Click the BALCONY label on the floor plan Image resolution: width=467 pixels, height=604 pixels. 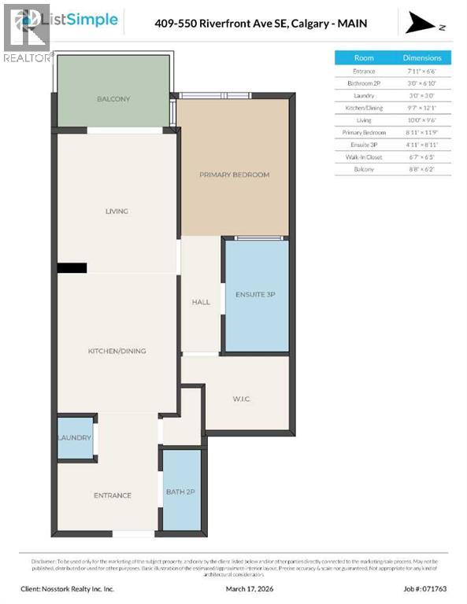(x=113, y=99)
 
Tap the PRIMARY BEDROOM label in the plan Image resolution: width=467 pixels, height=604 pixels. (x=234, y=175)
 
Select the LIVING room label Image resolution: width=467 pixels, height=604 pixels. (x=117, y=212)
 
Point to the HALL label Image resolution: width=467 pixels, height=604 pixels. (x=201, y=302)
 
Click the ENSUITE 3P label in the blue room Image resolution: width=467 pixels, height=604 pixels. (x=256, y=294)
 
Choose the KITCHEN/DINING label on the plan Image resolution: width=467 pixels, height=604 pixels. (x=117, y=351)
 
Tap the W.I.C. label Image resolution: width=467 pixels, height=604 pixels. (x=241, y=400)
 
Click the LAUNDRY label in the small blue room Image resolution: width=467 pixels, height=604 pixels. (x=75, y=438)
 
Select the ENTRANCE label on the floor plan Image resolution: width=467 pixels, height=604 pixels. (x=113, y=495)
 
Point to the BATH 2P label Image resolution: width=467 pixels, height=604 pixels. (x=181, y=492)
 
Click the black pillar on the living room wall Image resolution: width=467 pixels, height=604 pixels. (x=72, y=268)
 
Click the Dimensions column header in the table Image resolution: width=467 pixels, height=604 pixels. (x=423, y=57)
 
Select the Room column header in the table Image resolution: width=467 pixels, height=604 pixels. (x=364, y=57)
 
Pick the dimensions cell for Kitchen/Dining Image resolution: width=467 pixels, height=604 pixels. (x=423, y=108)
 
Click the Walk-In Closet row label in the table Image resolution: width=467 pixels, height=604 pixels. (x=364, y=157)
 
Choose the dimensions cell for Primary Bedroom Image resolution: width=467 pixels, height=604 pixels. (x=423, y=132)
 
